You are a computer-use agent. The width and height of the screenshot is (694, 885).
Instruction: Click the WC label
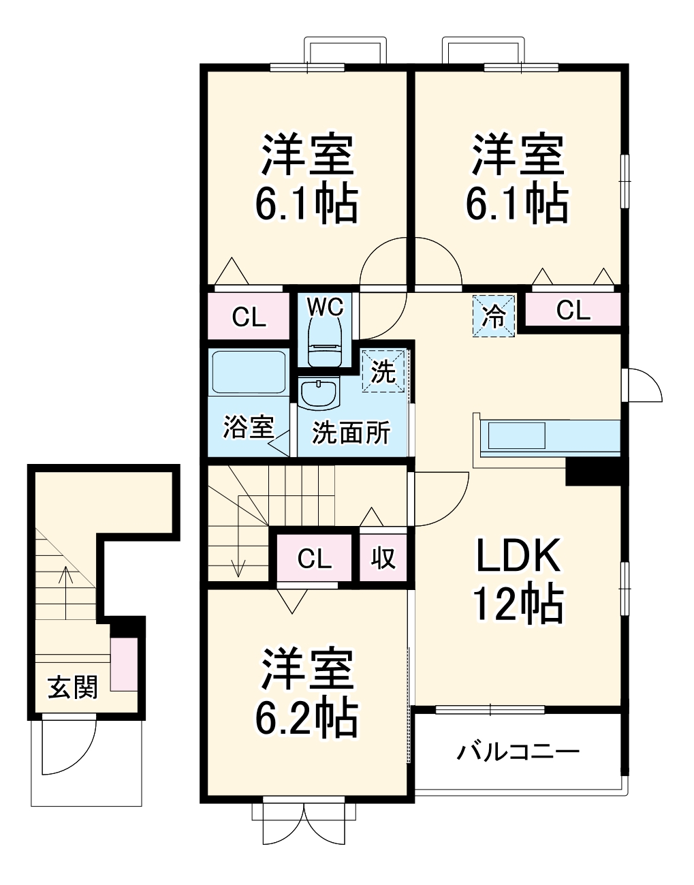click(326, 307)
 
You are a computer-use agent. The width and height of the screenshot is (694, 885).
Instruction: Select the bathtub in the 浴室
click(247, 372)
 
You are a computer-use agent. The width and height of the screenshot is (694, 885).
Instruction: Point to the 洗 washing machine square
click(383, 372)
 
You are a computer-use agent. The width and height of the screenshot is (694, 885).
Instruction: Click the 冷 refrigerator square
click(494, 315)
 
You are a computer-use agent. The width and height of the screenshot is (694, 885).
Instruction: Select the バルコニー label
click(518, 752)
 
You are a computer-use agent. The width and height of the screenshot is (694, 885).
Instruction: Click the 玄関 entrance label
click(72, 687)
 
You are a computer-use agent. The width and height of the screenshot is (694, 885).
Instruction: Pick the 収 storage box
click(383, 558)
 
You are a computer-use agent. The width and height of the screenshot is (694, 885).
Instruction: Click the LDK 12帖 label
click(519, 580)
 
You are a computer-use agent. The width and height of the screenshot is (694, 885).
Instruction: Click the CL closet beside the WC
click(249, 317)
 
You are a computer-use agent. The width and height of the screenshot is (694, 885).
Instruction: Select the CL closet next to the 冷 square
click(573, 311)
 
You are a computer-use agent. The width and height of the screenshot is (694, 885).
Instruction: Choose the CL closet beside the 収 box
click(315, 559)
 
